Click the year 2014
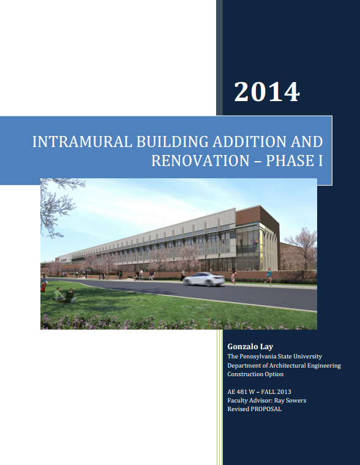(x=267, y=92)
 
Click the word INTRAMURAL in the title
(x=82, y=142)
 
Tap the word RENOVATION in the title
(x=201, y=161)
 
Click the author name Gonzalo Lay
(x=250, y=346)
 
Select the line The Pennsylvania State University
(x=274, y=356)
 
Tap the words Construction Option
(x=255, y=374)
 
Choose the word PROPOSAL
(x=266, y=409)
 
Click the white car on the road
(x=204, y=279)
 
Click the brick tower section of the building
(x=257, y=219)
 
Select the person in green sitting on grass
(x=58, y=294)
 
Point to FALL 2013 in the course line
(x=276, y=391)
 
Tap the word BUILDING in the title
(x=173, y=142)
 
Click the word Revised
(x=238, y=409)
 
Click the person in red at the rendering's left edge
(x=43, y=287)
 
